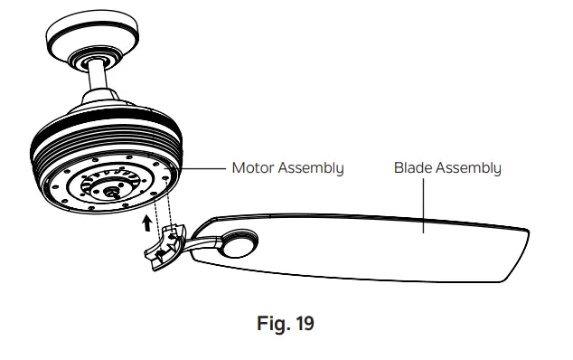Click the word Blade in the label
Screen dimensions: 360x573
click(412, 168)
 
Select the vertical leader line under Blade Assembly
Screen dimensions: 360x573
click(422, 204)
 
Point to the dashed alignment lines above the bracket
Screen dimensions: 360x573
click(164, 210)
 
